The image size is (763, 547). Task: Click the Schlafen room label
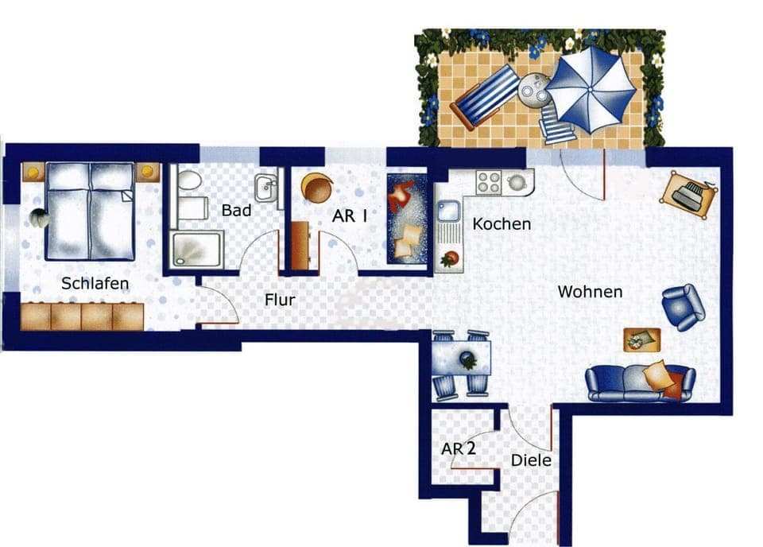[x=95, y=283]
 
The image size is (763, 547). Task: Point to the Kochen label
[x=501, y=224]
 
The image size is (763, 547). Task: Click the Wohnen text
[x=590, y=292]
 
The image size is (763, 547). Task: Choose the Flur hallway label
[x=280, y=300]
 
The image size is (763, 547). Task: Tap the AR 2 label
[x=459, y=449]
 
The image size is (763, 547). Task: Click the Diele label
[x=531, y=460]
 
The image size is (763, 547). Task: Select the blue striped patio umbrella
[x=591, y=89]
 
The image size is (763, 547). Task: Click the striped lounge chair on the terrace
[x=485, y=97]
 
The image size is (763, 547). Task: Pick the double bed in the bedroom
[x=89, y=210]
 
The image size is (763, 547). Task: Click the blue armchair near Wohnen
[x=683, y=306]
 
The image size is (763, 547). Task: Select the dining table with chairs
[x=461, y=363]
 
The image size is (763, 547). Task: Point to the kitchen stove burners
[x=489, y=183]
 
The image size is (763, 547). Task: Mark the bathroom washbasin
[x=266, y=188]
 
